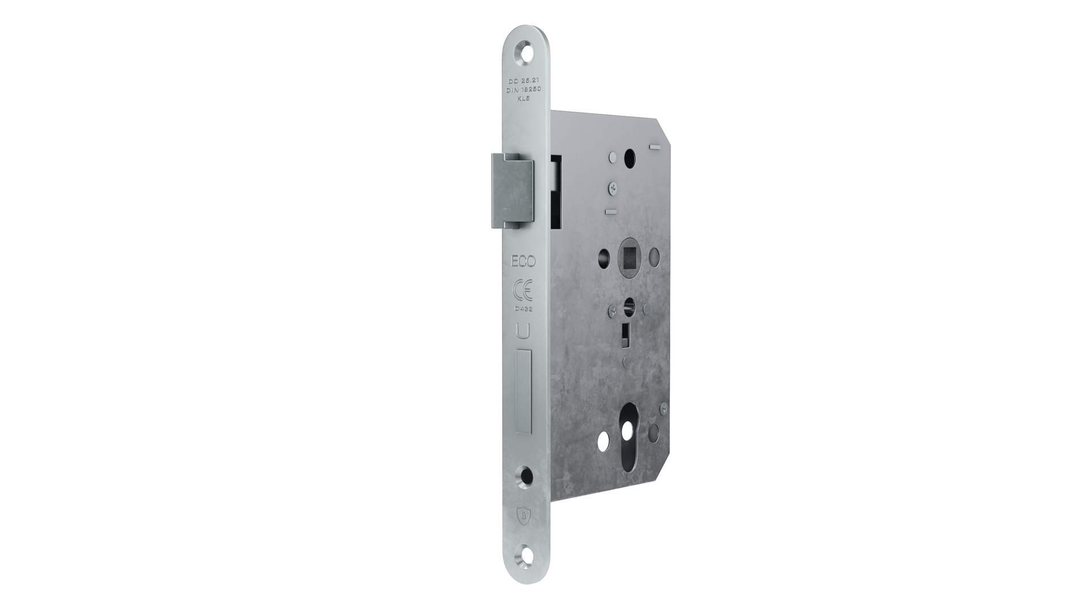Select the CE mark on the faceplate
522,290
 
